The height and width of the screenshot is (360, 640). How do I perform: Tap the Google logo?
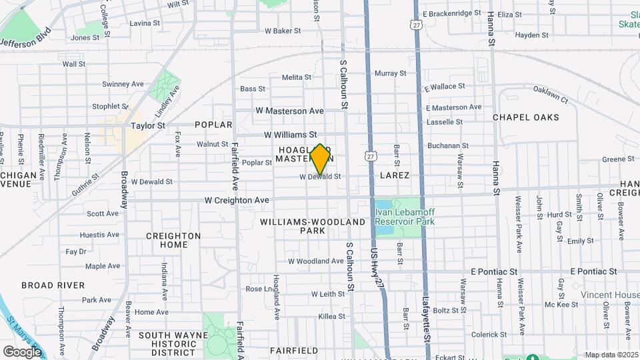tap(22, 351)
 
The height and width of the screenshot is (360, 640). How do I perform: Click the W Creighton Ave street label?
tap(236, 200)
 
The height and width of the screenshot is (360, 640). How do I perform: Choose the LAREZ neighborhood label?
tap(394, 175)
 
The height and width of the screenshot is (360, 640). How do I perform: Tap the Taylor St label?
tap(148, 125)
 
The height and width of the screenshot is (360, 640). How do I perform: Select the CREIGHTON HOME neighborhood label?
tap(173, 240)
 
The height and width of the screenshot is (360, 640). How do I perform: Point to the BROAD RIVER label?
tap(53, 285)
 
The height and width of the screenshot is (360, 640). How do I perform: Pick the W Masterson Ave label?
tap(289, 111)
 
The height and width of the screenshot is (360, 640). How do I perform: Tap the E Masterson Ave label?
tap(453, 107)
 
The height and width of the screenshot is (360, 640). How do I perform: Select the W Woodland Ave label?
tap(315, 261)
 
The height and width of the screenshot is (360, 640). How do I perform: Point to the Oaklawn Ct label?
tap(549, 95)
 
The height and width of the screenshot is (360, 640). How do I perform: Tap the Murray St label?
tap(391, 73)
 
